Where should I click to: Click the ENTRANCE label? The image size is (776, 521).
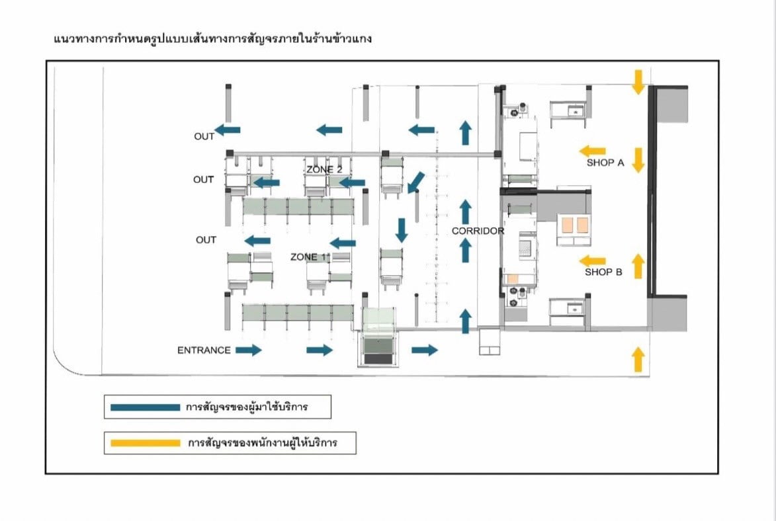(x=204, y=350)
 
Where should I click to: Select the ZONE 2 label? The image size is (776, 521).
(x=324, y=170)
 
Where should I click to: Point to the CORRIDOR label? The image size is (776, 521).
(x=478, y=231)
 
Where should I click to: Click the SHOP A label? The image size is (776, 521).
(x=605, y=163)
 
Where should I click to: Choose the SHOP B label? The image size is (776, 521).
(x=603, y=272)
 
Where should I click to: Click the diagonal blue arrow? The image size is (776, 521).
(x=416, y=182)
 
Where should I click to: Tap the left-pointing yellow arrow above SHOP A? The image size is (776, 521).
(x=592, y=151)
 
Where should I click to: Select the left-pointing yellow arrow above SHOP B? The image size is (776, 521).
(x=592, y=260)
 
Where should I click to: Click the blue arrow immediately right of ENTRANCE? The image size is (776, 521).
(x=249, y=350)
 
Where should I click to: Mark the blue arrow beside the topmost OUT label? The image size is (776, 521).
(x=228, y=130)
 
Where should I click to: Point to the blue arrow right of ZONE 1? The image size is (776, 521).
(x=343, y=243)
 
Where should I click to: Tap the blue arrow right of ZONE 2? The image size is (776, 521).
(x=352, y=182)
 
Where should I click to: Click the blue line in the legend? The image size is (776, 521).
(x=145, y=407)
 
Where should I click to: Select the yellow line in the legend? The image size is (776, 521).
(x=145, y=442)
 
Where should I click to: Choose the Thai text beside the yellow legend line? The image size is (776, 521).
(x=262, y=442)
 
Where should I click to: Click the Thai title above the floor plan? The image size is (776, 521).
(x=212, y=39)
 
